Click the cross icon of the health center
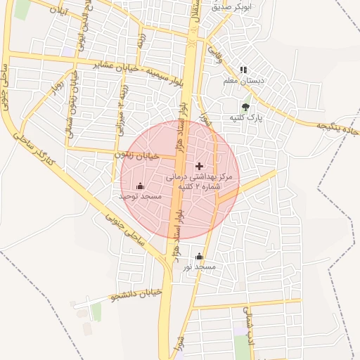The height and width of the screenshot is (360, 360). [199, 166]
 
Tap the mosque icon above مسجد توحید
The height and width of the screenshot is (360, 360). [139, 186]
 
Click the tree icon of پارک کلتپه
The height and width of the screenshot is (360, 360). [245, 108]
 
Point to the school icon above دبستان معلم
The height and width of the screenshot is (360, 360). [243, 70]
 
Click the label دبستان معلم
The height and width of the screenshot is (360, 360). [243, 82]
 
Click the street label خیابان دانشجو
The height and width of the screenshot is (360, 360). [136, 293]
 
